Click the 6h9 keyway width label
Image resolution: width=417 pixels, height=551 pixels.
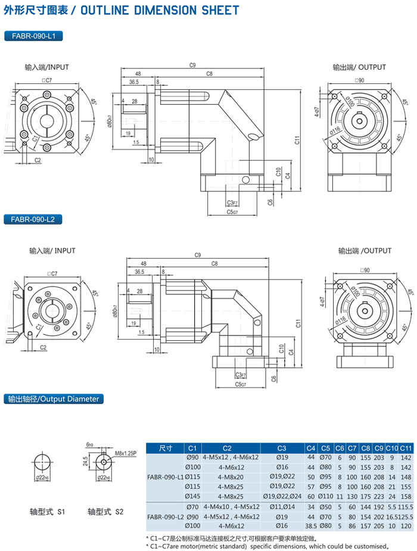(90, 444)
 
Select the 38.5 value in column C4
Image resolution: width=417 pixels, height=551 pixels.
(310, 526)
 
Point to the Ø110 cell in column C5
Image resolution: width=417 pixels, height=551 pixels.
(325, 496)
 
